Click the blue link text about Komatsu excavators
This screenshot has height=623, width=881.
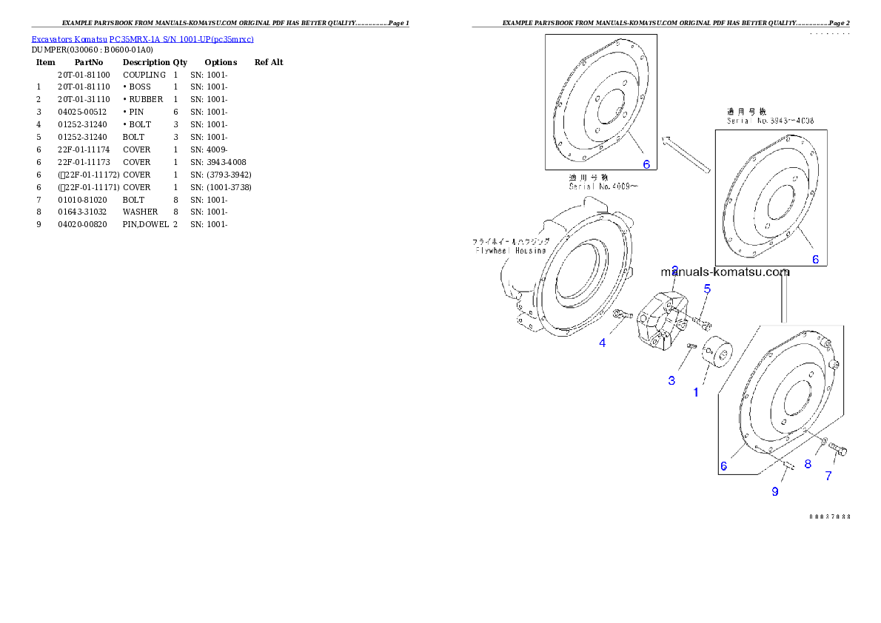(142, 39)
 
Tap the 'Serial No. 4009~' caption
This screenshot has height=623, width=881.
(603, 186)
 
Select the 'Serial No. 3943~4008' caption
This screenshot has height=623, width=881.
(771, 120)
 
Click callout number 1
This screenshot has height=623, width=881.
(696, 392)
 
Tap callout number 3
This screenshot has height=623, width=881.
(671, 380)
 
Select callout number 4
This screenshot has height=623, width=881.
(603, 343)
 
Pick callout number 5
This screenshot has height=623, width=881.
(707, 289)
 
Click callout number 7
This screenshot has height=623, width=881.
(828, 476)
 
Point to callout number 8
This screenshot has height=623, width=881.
(808, 464)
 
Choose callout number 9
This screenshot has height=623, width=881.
(775, 491)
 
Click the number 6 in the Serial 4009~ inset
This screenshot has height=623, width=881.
(646, 164)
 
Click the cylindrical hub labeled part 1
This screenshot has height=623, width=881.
(715, 350)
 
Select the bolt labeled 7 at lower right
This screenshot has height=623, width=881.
(837, 448)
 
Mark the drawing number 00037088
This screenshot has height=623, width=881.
(829, 516)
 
